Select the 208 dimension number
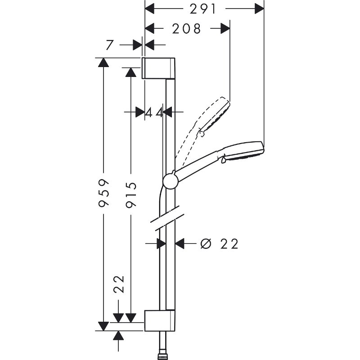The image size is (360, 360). (186, 29)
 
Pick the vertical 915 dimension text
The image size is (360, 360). (131, 194)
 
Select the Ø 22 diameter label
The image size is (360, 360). (219, 243)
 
